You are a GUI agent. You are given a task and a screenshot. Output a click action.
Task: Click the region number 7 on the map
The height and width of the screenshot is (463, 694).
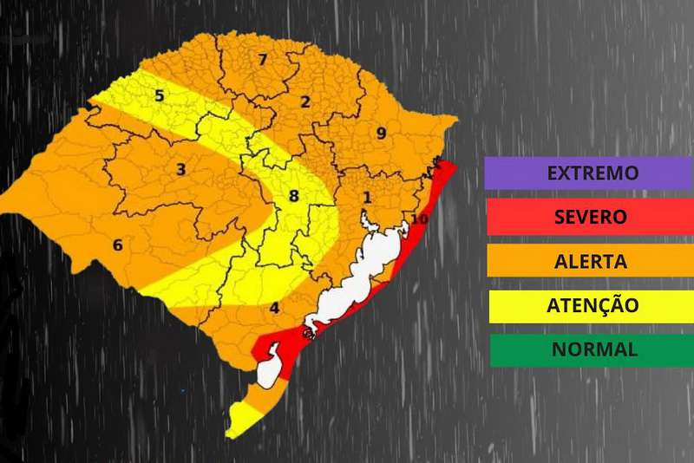[x=262, y=60]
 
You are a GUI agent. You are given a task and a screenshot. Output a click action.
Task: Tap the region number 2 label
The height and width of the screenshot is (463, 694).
[x=304, y=101]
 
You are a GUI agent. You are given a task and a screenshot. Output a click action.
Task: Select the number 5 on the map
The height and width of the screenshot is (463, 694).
[x=160, y=95]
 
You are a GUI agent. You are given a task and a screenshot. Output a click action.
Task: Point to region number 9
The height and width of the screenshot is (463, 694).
[x=380, y=134]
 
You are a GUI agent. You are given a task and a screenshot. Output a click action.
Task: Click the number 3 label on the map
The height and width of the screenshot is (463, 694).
[x=180, y=169]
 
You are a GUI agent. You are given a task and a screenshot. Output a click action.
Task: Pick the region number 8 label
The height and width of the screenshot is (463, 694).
[x=293, y=196]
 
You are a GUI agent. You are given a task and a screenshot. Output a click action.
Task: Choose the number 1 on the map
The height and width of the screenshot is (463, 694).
[x=367, y=199]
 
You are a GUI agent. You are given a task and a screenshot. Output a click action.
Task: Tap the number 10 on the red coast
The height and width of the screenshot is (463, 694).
[x=420, y=220]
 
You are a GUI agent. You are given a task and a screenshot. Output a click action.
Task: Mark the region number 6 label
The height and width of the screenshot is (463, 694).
[x=117, y=245]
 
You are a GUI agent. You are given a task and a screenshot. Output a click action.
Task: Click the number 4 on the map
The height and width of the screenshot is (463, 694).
[x=274, y=308]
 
